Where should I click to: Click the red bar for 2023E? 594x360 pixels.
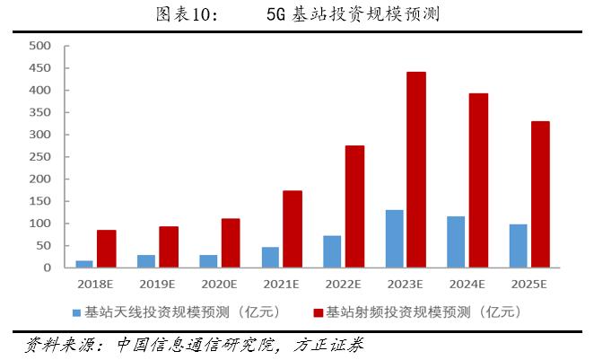tap(416, 170)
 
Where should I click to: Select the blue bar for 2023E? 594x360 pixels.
tap(395, 239)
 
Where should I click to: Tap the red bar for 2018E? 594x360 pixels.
tap(107, 249)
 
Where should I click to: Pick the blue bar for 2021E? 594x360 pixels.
tap(271, 257)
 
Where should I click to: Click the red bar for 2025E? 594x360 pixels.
tap(540, 194)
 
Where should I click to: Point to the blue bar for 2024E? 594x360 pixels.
tap(456, 241)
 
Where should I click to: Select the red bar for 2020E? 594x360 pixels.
tap(231, 242)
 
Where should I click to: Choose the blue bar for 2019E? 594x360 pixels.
tap(146, 260)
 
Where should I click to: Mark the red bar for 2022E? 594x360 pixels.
tap(354, 206)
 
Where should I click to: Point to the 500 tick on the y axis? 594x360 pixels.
tap(42, 46)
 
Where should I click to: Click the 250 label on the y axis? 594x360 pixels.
tap(42, 157)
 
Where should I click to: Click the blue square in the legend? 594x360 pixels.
tap(77, 312)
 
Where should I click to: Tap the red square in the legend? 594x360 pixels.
tap(319, 312)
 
